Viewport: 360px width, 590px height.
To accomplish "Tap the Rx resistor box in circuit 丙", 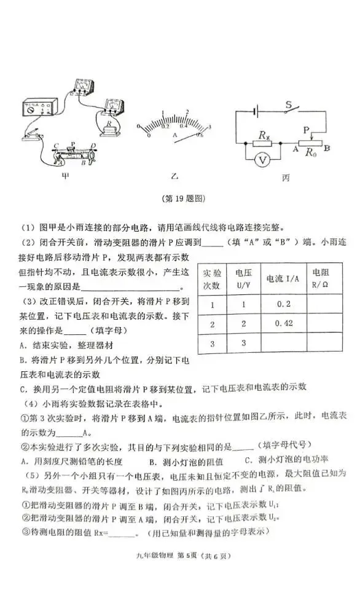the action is click(264, 142).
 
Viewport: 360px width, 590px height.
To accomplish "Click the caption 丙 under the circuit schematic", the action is click(286, 178).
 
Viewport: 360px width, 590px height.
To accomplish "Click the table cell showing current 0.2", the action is click(283, 304).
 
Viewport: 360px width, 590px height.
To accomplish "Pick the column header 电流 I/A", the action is click(282, 278).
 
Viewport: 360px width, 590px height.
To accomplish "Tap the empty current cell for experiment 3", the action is click(282, 343).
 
